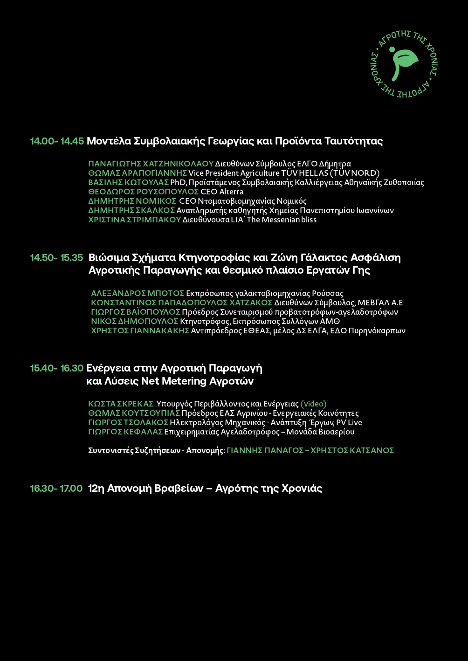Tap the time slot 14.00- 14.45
tap(57, 141)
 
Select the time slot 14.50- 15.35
tap(57, 258)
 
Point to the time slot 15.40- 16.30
tap(57, 368)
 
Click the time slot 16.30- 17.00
tap(56, 489)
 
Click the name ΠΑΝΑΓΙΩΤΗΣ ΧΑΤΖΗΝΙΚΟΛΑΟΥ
tap(151, 164)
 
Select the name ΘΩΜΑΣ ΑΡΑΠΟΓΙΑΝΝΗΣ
tap(138, 173)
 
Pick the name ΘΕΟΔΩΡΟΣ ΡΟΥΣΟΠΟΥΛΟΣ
tap(144, 192)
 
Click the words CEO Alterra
tap(222, 192)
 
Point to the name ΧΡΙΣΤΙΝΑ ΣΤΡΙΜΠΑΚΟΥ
tap(134, 220)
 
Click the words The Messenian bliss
tap(282, 220)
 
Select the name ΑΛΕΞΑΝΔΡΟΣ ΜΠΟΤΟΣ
tap(138, 294)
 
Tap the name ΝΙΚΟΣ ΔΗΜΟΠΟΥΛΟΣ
tap(134, 322)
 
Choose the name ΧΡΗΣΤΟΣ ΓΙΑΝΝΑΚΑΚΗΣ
tap(140, 331)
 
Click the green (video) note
tap(313, 404)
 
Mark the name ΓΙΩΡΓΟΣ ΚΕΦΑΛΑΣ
tap(125, 432)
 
